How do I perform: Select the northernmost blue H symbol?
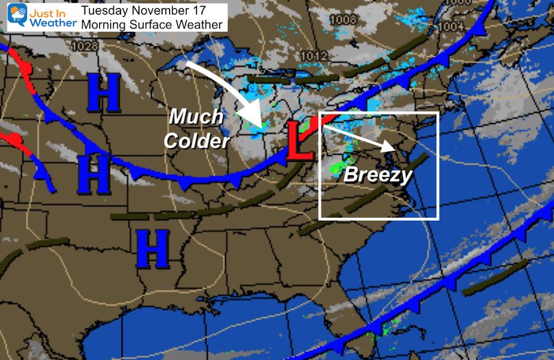point(104,93)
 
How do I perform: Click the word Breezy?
point(378,175)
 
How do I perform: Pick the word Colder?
point(197,141)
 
